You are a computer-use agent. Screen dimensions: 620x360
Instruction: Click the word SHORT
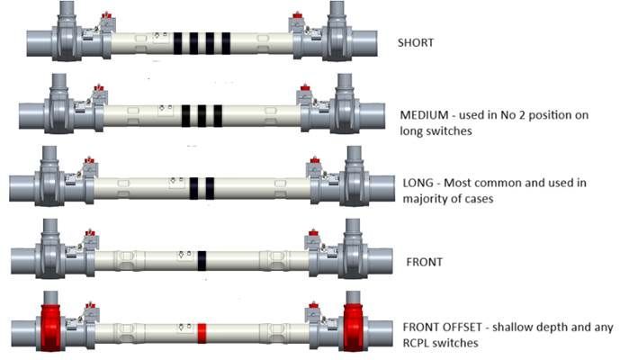click(x=416, y=42)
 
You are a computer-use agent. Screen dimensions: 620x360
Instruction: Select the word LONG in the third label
click(x=418, y=183)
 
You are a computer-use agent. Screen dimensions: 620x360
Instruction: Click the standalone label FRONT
click(x=424, y=262)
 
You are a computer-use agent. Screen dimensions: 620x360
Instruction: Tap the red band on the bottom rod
click(x=202, y=333)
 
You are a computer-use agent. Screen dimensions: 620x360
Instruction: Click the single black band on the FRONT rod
click(x=202, y=261)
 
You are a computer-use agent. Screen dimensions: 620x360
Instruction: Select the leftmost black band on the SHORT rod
click(x=178, y=43)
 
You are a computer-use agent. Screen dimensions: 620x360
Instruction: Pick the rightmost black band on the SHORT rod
click(x=226, y=43)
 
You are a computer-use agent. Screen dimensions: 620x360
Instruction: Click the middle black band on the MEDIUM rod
click(x=202, y=116)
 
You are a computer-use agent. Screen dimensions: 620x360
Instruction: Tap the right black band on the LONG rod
click(x=210, y=188)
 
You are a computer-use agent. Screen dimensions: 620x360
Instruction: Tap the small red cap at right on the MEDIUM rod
click(x=304, y=88)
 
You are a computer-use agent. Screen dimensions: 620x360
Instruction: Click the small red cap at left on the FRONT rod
click(x=90, y=232)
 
